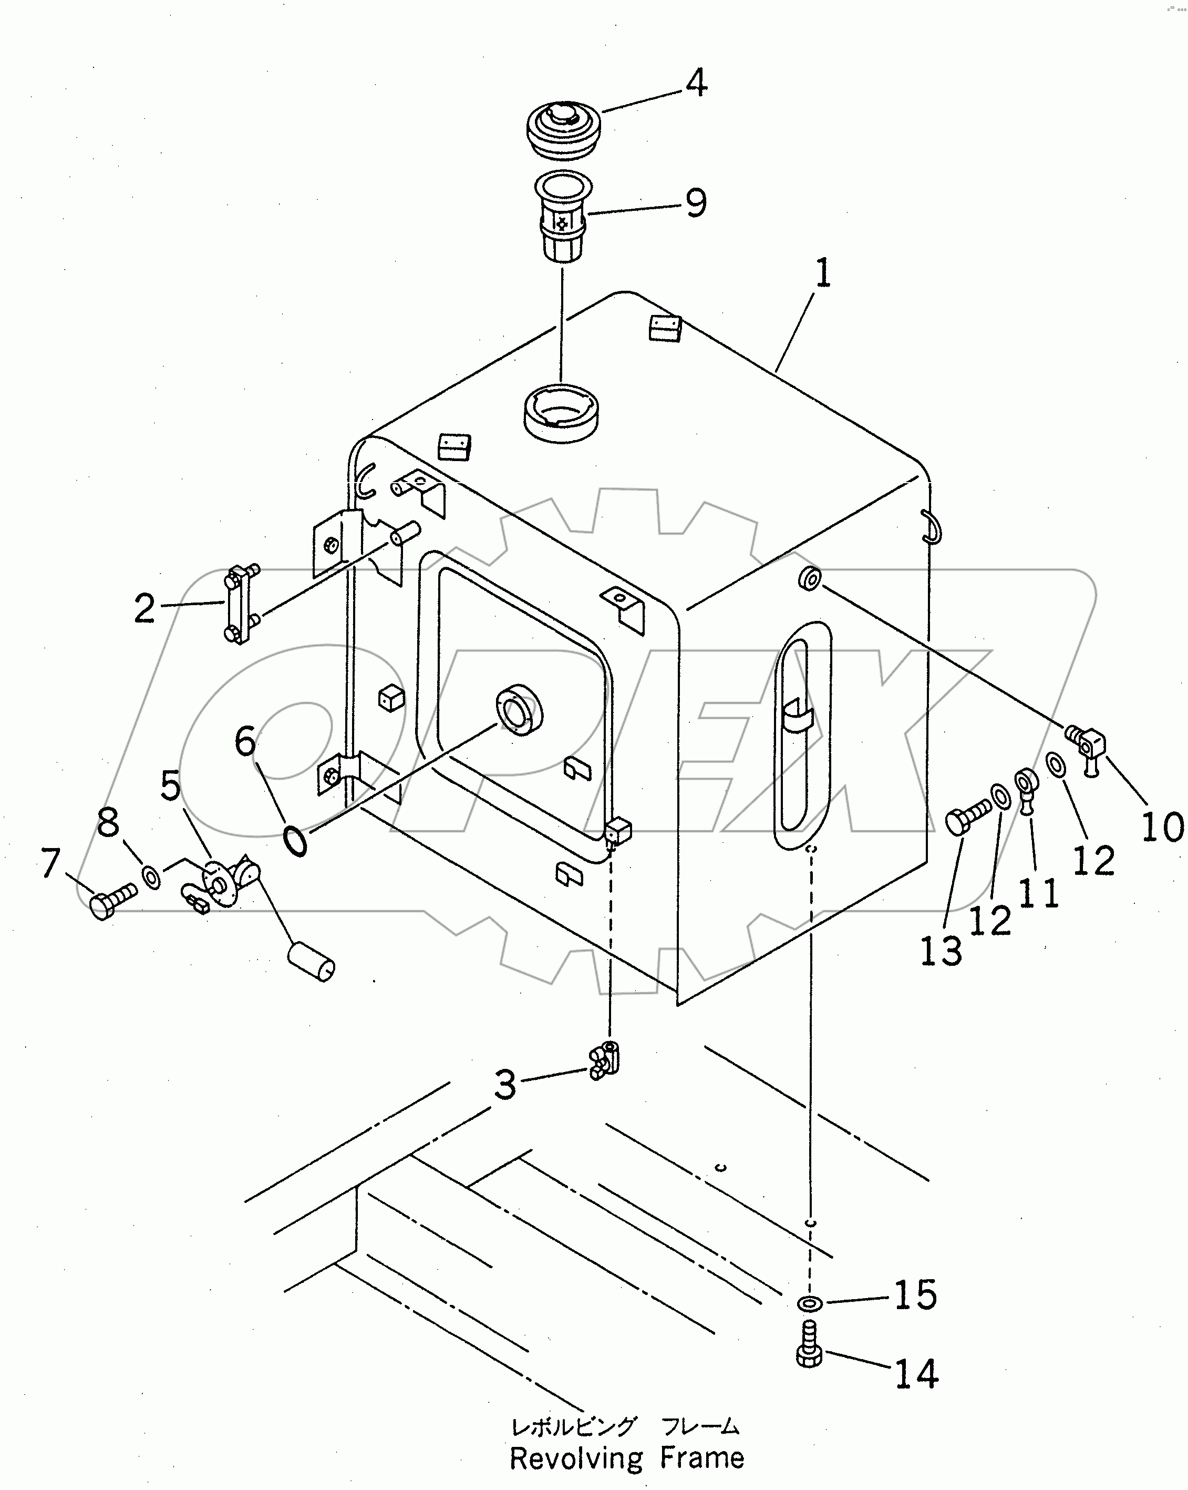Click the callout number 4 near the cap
[x=696, y=83]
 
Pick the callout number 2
[x=144, y=609]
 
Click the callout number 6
[x=245, y=741]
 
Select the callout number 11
[x=1039, y=894]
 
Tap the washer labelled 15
[x=807, y=1303]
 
